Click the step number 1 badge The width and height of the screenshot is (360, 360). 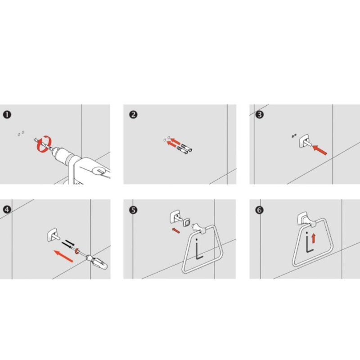click(7, 115)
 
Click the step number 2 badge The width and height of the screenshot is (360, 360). click(133, 115)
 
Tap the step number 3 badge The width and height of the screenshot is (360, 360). click(260, 115)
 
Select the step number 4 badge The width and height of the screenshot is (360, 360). click(7, 210)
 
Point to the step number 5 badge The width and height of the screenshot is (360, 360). click(133, 210)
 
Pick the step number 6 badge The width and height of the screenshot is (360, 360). click(260, 210)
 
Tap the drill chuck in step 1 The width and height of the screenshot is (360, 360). click(61, 154)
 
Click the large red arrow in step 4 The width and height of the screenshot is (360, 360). click(63, 256)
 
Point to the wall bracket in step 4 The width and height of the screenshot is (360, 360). click(53, 235)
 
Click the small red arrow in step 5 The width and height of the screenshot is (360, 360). click(176, 230)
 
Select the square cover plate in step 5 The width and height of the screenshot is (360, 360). click(187, 222)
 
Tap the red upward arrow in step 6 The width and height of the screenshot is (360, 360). click(314, 238)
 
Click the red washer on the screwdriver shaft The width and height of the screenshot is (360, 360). click(76, 251)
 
